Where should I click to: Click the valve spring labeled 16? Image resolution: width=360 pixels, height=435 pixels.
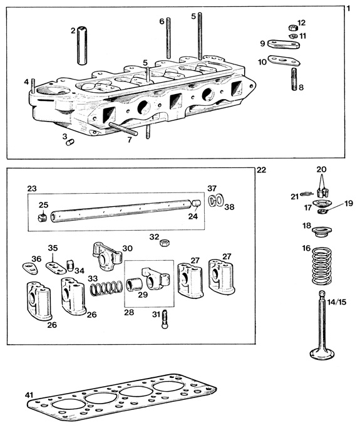(x=322, y=266)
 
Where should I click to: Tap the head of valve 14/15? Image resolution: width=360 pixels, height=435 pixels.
(x=322, y=354)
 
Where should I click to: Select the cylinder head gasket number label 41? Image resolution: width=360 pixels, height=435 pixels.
(x=29, y=395)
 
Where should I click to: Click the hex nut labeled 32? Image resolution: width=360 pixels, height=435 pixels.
(x=165, y=243)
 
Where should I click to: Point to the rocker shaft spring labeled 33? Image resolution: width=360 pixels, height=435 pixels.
(x=106, y=288)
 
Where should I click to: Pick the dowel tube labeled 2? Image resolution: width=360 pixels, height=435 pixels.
(x=82, y=46)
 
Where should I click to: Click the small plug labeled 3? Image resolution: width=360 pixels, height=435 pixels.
(x=70, y=142)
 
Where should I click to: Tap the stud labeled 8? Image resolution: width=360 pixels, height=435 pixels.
(x=294, y=79)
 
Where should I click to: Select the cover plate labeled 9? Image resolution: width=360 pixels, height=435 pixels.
(x=284, y=44)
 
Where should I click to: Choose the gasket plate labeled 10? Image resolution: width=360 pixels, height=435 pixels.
(x=284, y=61)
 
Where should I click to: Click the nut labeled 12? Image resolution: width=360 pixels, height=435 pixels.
(x=292, y=28)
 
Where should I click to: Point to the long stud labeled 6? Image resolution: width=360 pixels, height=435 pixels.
(x=168, y=38)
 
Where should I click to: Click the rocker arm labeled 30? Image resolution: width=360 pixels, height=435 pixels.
(x=106, y=255)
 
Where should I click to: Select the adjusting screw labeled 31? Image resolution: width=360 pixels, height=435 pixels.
(x=164, y=319)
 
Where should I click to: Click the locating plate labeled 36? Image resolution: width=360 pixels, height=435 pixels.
(x=30, y=268)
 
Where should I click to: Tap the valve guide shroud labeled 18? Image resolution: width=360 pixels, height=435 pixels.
(x=321, y=232)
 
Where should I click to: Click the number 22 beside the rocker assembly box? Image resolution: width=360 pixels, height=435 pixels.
(x=261, y=170)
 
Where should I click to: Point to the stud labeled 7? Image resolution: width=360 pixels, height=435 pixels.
(x=123, y=129)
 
